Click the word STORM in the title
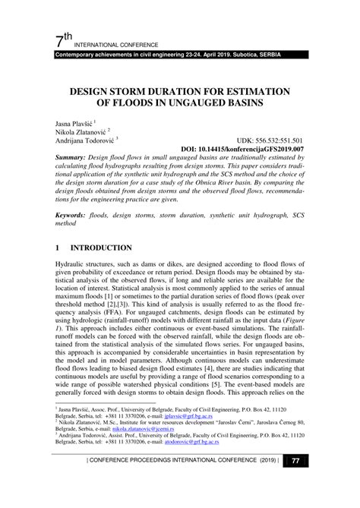(153, 90)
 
